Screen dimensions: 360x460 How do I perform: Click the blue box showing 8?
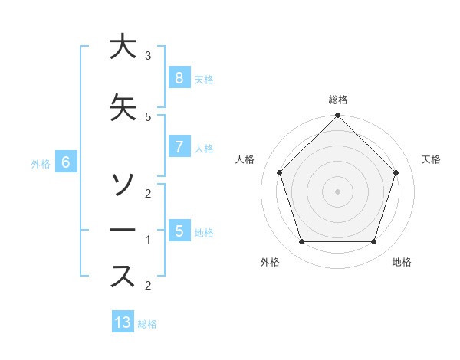(x=179, y=77)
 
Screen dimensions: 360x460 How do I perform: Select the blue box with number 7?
(x=179, y=147)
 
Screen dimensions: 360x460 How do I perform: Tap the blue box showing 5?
(x=179, y=231)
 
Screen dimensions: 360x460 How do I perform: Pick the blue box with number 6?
(x=66, y=162)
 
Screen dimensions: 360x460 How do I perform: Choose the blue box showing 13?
(x=123, y=322)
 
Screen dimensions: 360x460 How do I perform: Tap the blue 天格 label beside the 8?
(x=204, y=79)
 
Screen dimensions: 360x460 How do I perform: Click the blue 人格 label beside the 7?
(x=204, y=149)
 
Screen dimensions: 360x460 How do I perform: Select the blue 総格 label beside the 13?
(x=147, y=324)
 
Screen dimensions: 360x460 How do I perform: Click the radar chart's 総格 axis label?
(x=337, y=100)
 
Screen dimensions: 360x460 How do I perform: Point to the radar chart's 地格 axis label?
(x=402, y=262)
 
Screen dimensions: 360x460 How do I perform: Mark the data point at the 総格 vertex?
(x=337, y=116)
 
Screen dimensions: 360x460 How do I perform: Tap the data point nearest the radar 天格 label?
(x=396, y=172)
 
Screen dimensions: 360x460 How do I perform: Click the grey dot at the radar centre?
(x=337, y=191)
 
